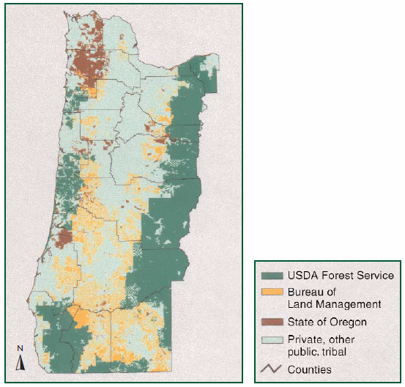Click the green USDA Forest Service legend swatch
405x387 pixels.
click(272, 276)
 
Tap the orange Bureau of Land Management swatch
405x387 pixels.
click(272, 293)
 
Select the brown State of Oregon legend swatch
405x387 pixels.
click(272, 322)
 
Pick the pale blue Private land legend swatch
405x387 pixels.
click(272, 340)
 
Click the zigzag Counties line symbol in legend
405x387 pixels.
click(272, 369)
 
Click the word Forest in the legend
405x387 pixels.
click(336, 276)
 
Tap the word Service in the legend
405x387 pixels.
click(374, 276)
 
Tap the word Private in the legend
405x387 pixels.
click(306, 340)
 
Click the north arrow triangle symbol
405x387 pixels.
click(21, 362)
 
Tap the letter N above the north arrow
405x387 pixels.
click(21, 348)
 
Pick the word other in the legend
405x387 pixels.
click(341, 340)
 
